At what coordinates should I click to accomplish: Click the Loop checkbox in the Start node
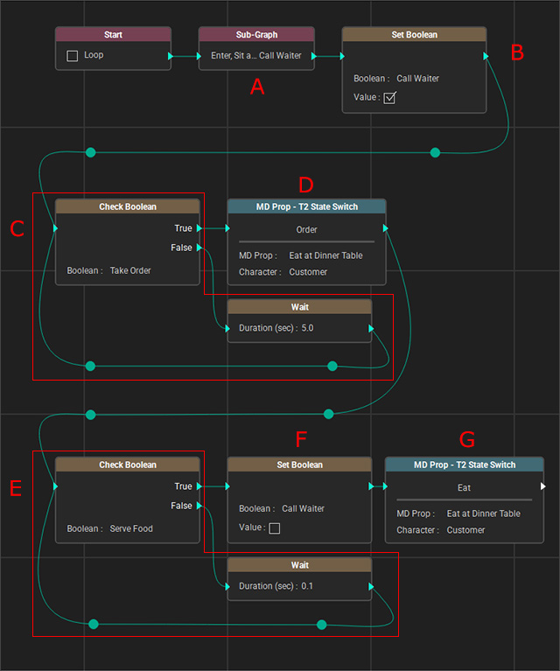pos(73,56)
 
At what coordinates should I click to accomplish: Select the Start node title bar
pos(113,35)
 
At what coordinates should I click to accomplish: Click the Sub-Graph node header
pos(256,35)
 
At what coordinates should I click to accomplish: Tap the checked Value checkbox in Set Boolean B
pos(389,98)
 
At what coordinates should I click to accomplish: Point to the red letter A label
pos(257,87)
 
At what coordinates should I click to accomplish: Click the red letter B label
pos(517,52)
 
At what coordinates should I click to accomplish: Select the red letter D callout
pos(306,185)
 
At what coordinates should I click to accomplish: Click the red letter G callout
pos(467,439)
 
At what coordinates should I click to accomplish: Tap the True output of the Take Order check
pos(199,228)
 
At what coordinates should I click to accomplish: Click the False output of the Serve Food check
pos(199,506)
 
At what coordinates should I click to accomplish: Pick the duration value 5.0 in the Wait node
pos(307,328)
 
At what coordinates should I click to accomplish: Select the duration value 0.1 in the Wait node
pos(307,586)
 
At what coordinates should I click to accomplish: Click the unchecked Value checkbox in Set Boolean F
pos(275,528)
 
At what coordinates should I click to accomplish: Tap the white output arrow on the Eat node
pos(542,486)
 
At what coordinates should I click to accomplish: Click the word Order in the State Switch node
pos(306,230)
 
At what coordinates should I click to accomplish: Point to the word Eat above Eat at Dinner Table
pos(464,488)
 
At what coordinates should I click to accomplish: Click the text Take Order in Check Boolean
pos(130,270)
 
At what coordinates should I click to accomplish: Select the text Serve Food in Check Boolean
pos(131,528)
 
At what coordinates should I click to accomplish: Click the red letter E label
pos(16,488)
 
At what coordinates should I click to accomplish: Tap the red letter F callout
pos(301,439)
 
